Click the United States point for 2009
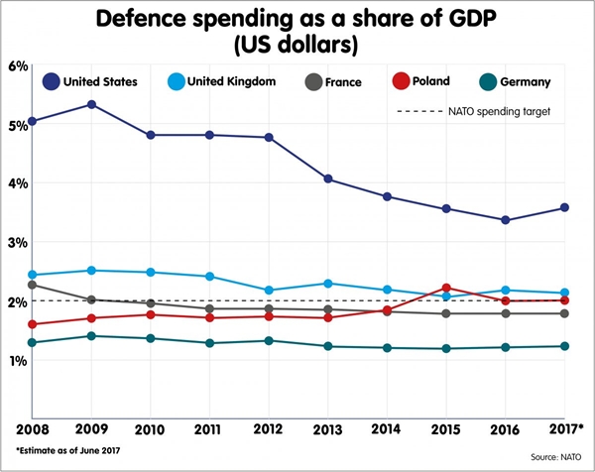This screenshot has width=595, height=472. pyautogui.click(x=91, y=104)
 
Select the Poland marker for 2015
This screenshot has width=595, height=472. pyautogui.click(x=446, y=288)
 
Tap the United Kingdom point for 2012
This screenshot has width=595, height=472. pyautogui.click(x=269, y=291)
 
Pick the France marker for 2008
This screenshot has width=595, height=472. pyautogui.click(x=33, y=286)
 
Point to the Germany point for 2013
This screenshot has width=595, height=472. pyautogui.click(x=328, y=346)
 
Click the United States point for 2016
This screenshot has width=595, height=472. pyautogui.click(x=506, y=220)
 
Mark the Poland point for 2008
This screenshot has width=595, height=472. pyautogui.click(x=33, y=324)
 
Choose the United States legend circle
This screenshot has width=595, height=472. pyautogui.click(x=51, y=82)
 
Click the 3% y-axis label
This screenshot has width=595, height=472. pyautogui.click(x=16, y=242)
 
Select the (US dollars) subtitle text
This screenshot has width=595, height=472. pyautogui.click(x=298, y=45)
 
